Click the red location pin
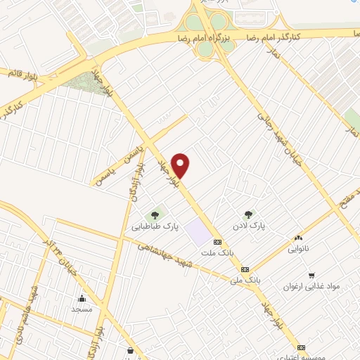point(181,165)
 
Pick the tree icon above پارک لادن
point(247,214)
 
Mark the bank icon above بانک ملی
point(245,269)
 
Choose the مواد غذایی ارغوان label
point(311,286)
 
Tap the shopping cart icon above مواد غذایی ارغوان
point(311,275)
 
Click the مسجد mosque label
point(82,309)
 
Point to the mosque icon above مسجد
point(82,297)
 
